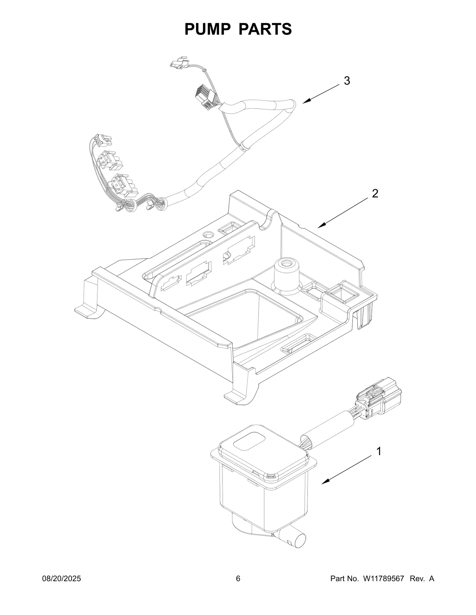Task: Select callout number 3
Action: [x=347, y=81]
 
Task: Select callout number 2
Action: [x=375, y=194]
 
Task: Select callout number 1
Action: [x=379, y=460]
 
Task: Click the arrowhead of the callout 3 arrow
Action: [x=305, y=102]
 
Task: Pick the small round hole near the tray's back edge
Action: [x=208, y=235]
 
